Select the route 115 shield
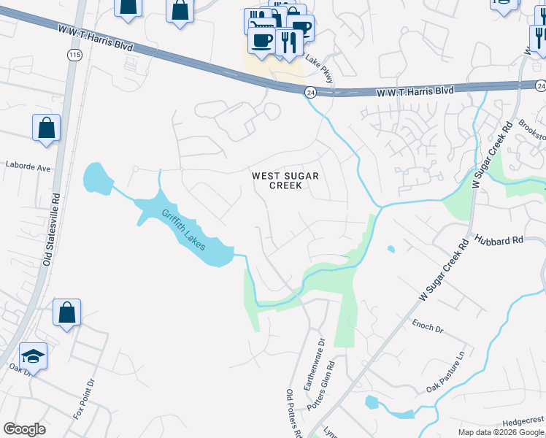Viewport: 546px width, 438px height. coord(74,55)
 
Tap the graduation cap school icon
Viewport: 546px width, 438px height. coord(33,356)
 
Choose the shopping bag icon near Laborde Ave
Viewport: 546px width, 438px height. coord(46,128)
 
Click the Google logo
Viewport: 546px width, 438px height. coord(24,429)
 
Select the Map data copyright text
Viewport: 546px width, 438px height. coord(500,432)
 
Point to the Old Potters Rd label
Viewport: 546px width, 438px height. coord(293,413)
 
